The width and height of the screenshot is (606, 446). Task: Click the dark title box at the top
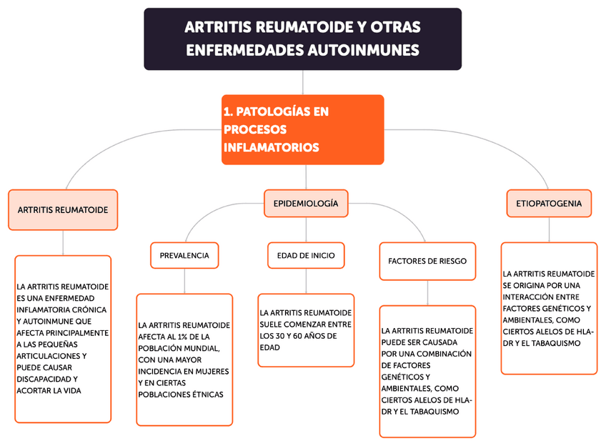[x=302, y=39]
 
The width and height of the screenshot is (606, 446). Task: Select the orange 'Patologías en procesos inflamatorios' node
[x=302, y=129]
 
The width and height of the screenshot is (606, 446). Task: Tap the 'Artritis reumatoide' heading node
[x=63, y=210]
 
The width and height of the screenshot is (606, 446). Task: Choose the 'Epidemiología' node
[x=306, y=204]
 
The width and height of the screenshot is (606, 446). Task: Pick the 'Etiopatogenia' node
[x=549, y=204]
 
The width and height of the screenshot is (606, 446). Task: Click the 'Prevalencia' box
[x=184, y=255]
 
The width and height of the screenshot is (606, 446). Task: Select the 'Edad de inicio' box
[x=306, y=255]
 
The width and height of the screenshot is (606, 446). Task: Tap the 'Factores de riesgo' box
[x=427, y=261]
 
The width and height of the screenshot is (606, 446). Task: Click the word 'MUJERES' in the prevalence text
[x=212, y=371]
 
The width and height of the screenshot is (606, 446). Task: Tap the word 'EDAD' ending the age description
[x=269, y=347]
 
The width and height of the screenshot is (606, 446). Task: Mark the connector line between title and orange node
[x=303, y=82]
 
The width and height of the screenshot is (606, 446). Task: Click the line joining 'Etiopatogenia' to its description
[x=549, y=229]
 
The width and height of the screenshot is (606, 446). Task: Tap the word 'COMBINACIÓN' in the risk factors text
[x=442, y=354]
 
